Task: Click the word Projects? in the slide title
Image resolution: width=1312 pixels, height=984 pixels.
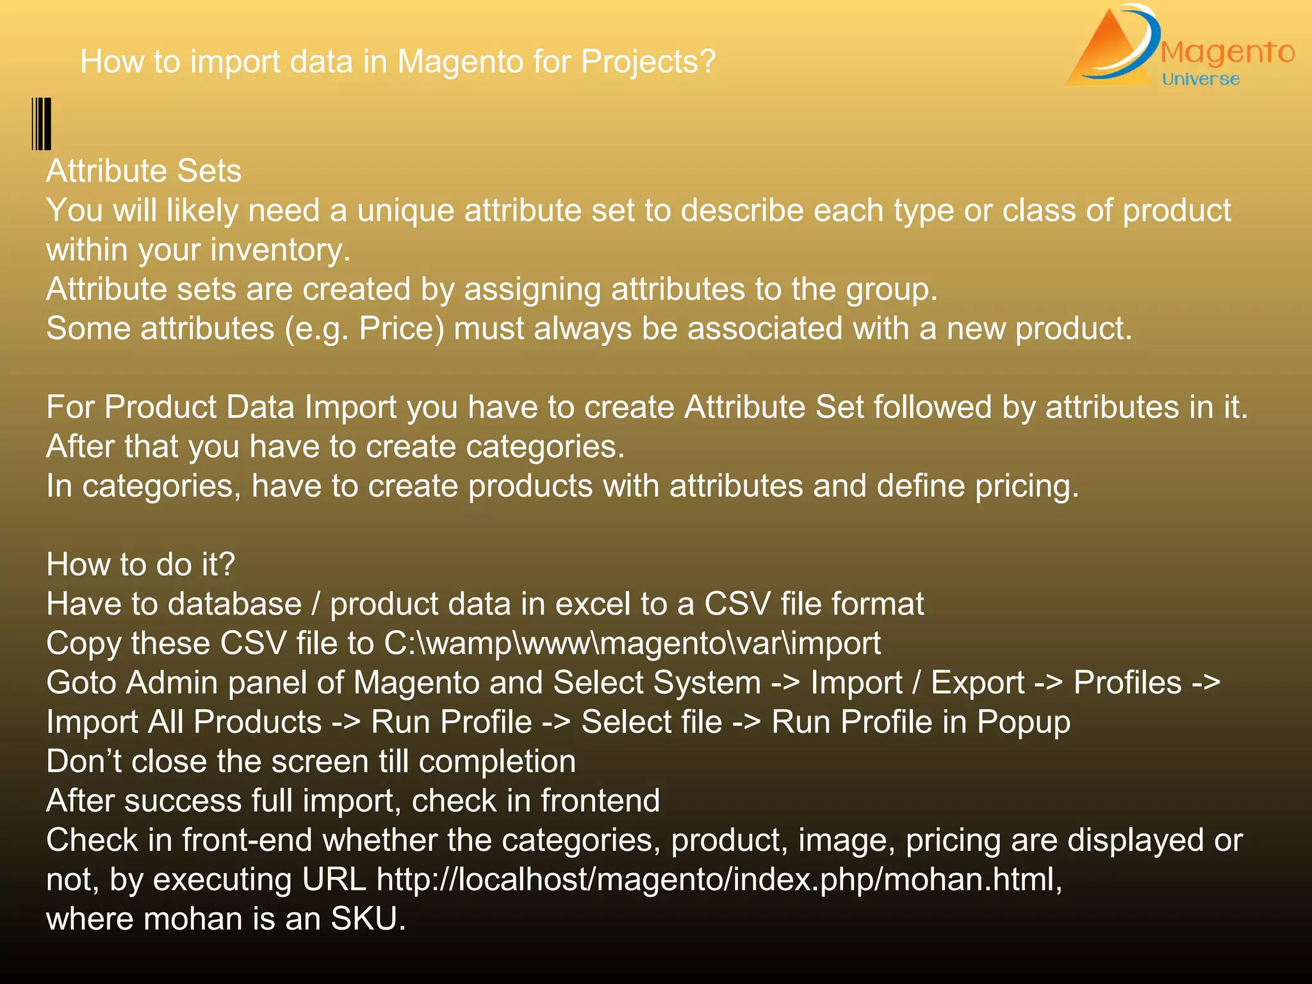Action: [x=648, y=62]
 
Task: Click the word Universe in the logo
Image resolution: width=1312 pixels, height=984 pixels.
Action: [x=1201, y=79]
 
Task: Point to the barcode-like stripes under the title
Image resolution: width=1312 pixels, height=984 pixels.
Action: [x=42, y=124]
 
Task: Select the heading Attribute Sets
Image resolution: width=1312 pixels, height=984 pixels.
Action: [x=143, y=172]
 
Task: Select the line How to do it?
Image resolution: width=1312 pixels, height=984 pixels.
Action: [x=140, y=565]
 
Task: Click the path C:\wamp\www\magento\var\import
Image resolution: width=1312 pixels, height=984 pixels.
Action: [x=632, y=644]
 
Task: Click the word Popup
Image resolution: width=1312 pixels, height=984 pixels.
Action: [x=1023, y=723]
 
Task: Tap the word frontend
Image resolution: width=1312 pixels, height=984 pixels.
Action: [x=600, y=801]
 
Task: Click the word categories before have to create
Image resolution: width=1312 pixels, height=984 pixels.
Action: [x=161, y=486]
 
